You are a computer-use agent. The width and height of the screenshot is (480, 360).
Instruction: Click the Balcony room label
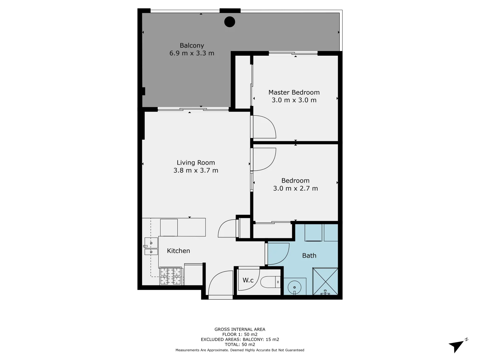(192, 46)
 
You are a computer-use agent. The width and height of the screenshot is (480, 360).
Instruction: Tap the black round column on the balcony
(230, 22)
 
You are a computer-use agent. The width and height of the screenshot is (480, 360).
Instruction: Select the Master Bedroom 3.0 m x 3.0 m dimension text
(294, 100)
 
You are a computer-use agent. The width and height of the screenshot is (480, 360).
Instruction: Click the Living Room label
(196, 163)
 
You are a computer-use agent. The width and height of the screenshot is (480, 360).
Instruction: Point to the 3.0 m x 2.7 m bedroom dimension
(295, 188)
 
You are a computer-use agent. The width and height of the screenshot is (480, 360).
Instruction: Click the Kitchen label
(178, 251)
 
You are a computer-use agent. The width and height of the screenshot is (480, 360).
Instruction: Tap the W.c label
(248, 280)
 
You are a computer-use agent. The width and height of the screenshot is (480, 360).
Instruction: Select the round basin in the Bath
(294, 286)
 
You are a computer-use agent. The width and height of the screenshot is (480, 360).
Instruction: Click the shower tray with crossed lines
(325, 281)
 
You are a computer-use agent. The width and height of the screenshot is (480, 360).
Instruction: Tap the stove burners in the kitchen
(171, 276)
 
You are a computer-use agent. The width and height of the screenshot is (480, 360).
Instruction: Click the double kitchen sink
(151, 246)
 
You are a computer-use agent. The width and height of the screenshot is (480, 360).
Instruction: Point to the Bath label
(309, 256)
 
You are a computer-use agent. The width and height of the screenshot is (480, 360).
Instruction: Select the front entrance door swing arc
(220, 283)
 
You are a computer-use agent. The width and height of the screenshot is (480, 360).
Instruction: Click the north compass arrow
(457, 346)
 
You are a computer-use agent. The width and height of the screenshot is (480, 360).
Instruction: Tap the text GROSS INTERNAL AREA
(240, 329)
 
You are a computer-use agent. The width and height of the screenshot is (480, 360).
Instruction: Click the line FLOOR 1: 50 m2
(240, 334)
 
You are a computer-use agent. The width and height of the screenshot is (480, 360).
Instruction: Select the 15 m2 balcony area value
(272, 340)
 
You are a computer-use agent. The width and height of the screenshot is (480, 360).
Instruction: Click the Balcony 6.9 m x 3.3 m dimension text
(192, 53)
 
